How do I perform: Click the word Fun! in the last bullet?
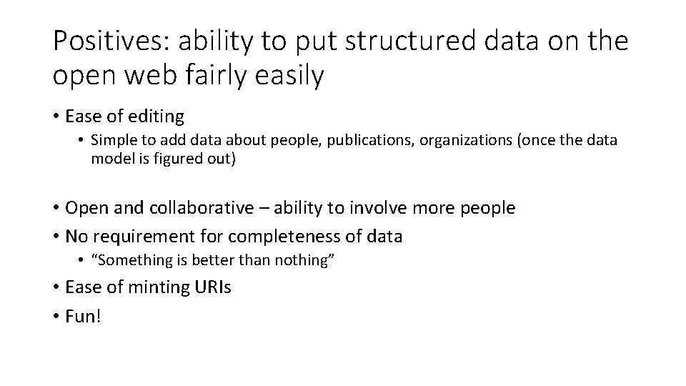tap(84, 315)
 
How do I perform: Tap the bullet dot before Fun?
tap(56, 315)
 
